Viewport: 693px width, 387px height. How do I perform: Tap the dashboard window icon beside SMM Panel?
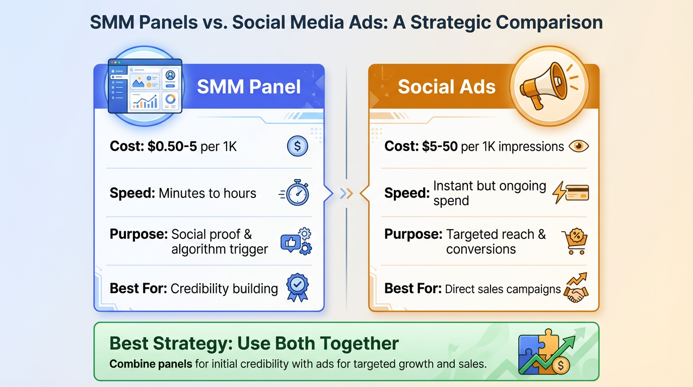point(145,86)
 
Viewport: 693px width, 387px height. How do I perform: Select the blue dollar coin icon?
point(297,146)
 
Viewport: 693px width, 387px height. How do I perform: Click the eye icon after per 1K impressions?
point(578,146)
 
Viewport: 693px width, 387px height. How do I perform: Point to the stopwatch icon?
point(296,192)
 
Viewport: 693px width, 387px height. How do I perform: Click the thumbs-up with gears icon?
point(296,241)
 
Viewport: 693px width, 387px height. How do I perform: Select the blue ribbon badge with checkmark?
point(297,287)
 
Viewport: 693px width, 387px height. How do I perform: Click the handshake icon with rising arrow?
point(575,288)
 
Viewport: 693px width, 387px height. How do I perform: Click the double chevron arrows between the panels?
point(346,193)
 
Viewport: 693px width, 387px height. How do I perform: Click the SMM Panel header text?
point(249,87)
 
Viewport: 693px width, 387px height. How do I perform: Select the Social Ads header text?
point(447,87)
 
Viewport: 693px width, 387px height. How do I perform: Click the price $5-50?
point(440,147)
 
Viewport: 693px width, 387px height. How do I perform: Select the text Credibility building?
point(224,289)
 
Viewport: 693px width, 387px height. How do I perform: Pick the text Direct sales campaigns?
point(503,289)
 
